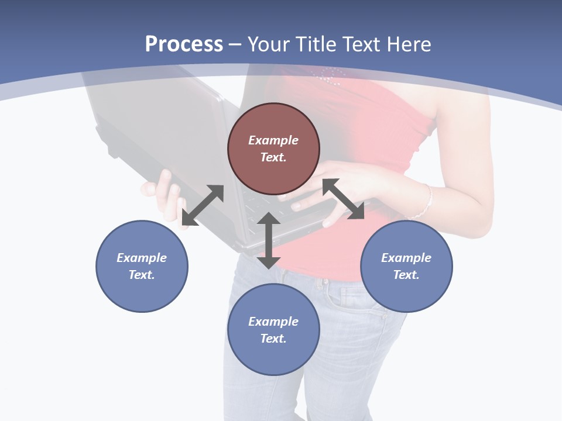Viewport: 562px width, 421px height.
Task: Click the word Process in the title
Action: [184, 44]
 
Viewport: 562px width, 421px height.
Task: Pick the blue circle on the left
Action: [142, 266]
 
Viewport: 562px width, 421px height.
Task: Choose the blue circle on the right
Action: [406, 266]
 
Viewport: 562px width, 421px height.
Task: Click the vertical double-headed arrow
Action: [269, 240]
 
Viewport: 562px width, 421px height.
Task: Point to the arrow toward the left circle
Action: [203, 205]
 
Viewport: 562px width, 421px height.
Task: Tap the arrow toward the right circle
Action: [344, 199]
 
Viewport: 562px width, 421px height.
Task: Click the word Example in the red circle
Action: [273, 140]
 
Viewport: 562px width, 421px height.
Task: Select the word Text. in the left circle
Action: [142, 275]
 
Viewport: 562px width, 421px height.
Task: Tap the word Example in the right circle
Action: [406, 258]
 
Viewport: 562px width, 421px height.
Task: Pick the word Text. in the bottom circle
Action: [273, 339]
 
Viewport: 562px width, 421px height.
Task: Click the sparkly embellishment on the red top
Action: [331, 74]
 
